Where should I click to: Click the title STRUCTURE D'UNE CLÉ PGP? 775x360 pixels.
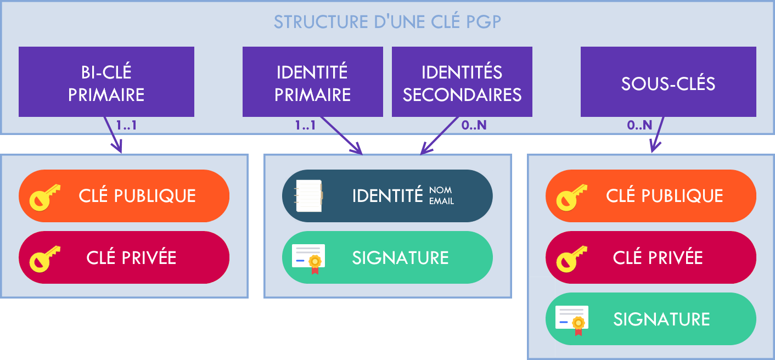pos(387,22)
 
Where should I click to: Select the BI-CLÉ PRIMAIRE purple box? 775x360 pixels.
pos(106,82)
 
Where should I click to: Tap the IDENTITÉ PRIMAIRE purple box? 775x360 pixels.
pos(312,82)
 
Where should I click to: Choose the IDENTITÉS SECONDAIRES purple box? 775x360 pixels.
pos(462,82)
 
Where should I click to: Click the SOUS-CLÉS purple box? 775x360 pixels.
pos(668,82)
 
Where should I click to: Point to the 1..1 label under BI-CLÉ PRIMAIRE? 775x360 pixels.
pos(126,125)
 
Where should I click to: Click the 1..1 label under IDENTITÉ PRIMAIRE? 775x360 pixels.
pos(305,125)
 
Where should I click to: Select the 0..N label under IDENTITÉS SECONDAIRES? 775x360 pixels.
pos(474,125)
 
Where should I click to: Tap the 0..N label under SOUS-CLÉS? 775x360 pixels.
pos(639,125)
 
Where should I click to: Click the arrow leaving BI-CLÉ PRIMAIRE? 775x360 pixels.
pos(112,134)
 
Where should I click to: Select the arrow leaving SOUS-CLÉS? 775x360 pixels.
pos(658,134)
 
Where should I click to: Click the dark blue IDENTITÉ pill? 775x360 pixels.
pos(387,196)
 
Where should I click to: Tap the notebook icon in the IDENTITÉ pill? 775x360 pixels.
pos(308,196)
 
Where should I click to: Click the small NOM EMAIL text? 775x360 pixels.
pos(441,196)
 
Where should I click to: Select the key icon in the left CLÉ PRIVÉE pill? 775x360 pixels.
pos(44,258)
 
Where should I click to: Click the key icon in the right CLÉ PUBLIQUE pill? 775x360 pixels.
pos(571,196)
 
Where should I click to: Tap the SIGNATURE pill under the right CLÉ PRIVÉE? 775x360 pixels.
pos(650,319)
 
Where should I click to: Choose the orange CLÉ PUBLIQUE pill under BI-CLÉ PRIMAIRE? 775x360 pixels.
pos(124,196)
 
